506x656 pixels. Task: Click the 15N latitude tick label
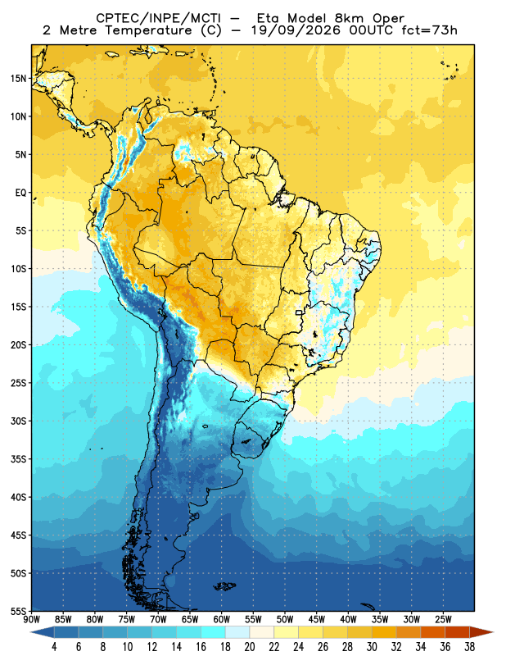click(x=18, y=79)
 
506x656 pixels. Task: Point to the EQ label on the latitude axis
click(x=21, y=193)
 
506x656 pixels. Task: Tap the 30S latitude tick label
click(x=18, y=421)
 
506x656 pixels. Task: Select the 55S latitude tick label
click(x=18, y=611)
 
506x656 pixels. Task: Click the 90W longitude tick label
click(x=31, y=619)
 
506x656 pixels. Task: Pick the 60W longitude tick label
click(x=221, y=619)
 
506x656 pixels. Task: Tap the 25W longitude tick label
click(x=443, y=619)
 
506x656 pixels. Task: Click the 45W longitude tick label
click(x=317, y=619)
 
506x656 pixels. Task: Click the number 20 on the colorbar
click(x=250, y=647)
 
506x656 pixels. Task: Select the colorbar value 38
click(x=469, y=647)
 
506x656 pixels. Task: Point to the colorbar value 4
click(x=54, y=647)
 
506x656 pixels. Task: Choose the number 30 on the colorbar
click(x=372, y=647)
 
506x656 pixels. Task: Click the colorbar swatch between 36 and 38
click(x=457, y=631)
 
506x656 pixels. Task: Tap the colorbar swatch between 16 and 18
click(x=213, y=631)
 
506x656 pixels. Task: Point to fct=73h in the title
click(x=430, y=30)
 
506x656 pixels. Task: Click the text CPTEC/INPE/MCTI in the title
click(x=158, y=18)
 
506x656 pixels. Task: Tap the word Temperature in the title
click(x=148, y=30)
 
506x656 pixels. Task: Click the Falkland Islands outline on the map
click(x=225, y=586)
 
